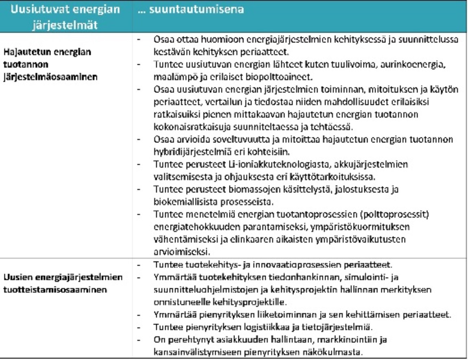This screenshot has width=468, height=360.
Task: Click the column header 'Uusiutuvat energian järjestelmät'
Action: click(x=65, y=15)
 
